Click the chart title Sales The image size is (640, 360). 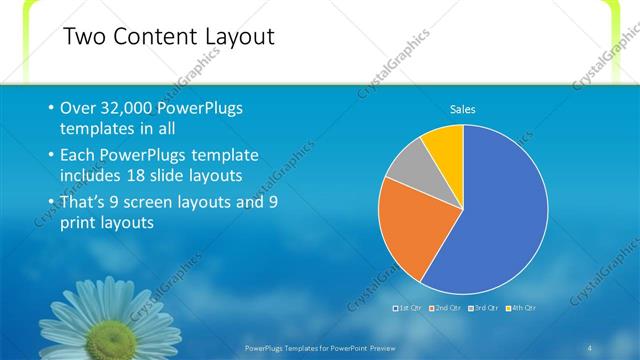462,109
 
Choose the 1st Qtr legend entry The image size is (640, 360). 410,307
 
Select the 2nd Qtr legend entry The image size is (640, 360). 446,307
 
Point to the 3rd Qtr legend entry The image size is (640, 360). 483,307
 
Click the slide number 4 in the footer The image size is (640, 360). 590,346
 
